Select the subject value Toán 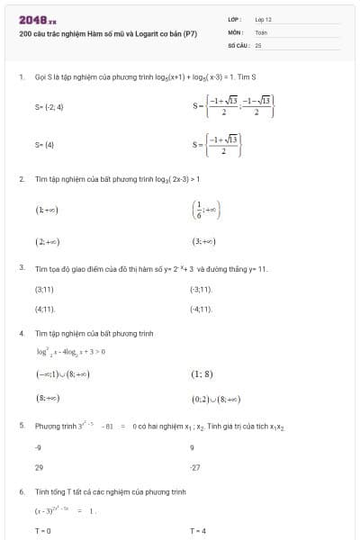pyautogui.click(x=261, y=31)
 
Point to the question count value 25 pyautogui.click(x=258, y=43)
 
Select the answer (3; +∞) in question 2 pyautogui.click(x=203, y=242)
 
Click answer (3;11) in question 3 pyautogui.click(x=44, y=289)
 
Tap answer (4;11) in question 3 pyautogui.click(x=45, y=309)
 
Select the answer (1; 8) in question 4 pyautogui.click(x=202, y=374)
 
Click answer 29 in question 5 pyautogui.click(x=39, y=467)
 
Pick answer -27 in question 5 pyautogui.click(x=197, y=467)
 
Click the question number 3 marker pyautogui.click(x=21, y=268)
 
